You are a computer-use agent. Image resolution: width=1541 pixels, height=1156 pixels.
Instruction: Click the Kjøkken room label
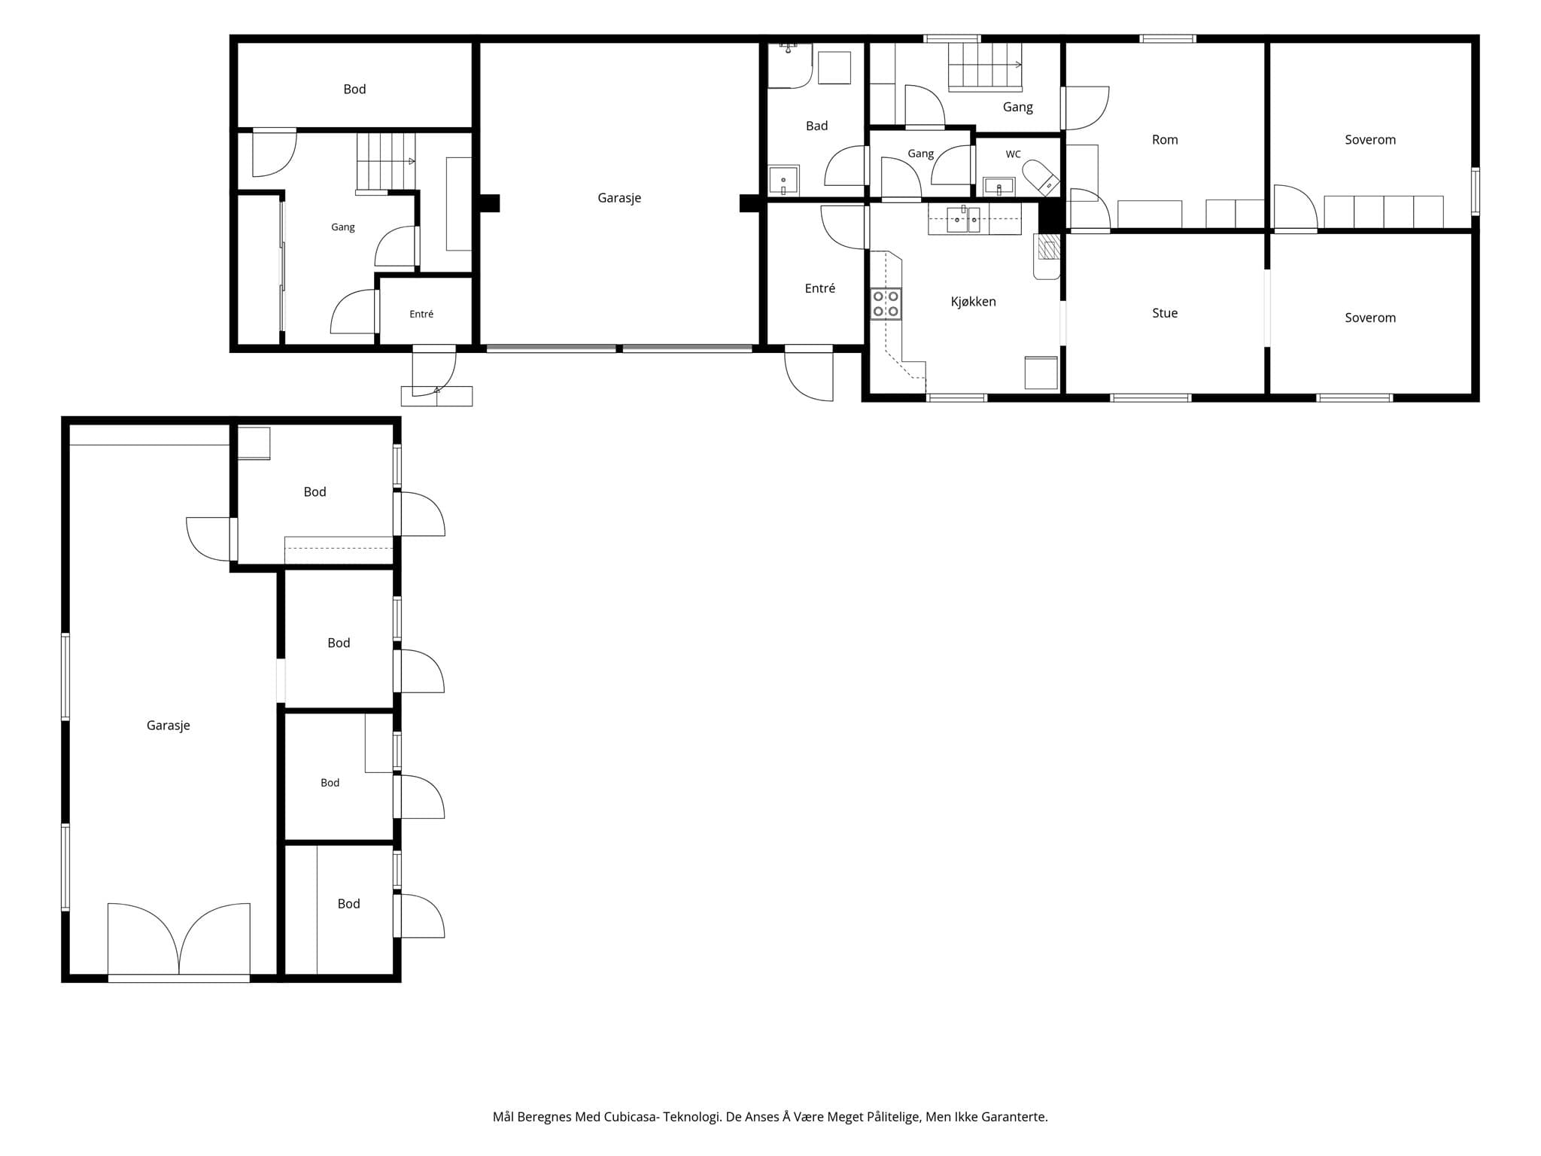click(973, 302)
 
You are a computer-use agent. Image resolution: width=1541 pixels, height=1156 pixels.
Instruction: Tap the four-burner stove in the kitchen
click(886, 303)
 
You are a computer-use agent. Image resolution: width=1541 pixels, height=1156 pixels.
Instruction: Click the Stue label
click(1165, 313)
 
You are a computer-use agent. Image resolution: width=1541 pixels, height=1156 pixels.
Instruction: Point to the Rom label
click(1165, 139)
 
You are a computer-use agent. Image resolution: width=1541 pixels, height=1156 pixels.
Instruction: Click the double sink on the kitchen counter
click(963, 219)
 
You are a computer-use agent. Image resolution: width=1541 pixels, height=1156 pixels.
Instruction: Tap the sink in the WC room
click(999, 186)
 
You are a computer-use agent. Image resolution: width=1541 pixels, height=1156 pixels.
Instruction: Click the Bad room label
click(816, 126)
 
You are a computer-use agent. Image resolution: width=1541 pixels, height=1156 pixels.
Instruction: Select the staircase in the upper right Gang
click(985, 67)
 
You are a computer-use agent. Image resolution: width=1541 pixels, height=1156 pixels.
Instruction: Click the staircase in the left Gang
click(385, 163)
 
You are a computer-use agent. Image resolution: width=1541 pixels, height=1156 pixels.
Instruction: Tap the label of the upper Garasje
click(619, 198)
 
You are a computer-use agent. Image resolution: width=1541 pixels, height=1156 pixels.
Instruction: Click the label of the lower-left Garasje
click(168, 726)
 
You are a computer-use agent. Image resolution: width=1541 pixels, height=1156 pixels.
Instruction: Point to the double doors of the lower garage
click(179, 940)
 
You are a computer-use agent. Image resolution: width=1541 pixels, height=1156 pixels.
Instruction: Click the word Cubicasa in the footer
click(630, 1117)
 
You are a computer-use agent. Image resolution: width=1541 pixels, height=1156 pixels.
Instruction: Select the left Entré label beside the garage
click(421, 314)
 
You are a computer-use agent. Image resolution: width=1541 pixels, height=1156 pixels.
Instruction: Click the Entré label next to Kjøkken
click(820, 288)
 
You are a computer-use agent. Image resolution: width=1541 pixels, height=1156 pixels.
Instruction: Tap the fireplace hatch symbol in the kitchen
click(1049, 246)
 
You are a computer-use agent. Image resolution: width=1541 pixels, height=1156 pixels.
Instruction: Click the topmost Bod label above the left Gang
click(354, 89)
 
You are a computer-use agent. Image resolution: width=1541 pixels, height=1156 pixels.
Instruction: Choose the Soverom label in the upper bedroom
click(1370, 139)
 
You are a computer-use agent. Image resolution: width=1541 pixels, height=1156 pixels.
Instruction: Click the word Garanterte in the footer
click(1013, 1117)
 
